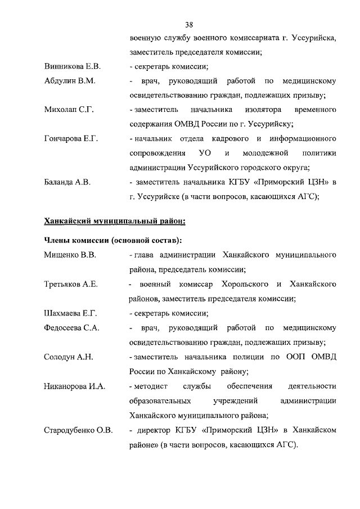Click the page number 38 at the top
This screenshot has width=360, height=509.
pos(189,24)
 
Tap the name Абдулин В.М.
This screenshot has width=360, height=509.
pos(70,81)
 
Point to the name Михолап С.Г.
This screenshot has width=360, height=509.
pos(68,110)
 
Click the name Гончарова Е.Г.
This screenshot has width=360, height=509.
pos(71,138)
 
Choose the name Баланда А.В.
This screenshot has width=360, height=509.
pos(67,182)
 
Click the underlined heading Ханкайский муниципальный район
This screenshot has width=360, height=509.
pos(115,221)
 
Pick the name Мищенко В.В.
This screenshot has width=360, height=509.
pos(70,255)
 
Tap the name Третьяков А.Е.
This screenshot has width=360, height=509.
pos(71,284)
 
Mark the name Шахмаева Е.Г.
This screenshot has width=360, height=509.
pos(71,313)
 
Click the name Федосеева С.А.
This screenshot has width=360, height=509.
pos(71,328)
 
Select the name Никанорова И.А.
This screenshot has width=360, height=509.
pos(74,386)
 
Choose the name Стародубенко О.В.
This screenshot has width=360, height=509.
pos(78,430)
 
